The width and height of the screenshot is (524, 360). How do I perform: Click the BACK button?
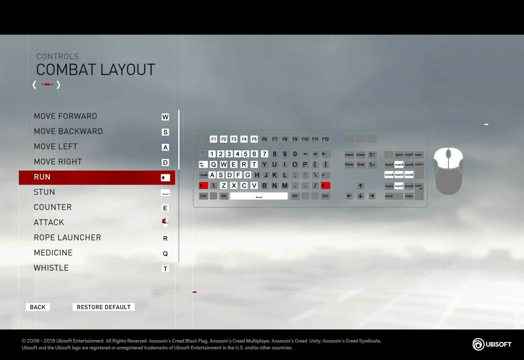pyautogui.click(x=38, y=307)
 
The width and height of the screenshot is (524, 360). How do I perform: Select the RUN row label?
pyautogui.click(x=42, y=177)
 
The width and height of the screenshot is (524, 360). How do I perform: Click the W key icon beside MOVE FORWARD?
pyautogui.click(x=165, y=117)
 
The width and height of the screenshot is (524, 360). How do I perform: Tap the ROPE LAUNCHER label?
pyautogui.click(x=67, y=237)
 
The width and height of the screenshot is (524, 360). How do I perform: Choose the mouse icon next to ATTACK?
pyautogui.click(x=165, y=223)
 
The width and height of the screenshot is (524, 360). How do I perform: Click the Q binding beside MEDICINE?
pyautogui.click(x=165, y=254)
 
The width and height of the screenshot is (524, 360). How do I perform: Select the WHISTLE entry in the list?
pyautogui.click(x=51, y=268)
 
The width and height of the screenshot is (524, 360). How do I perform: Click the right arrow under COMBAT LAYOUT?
pyautogui.click(x=59, y=85)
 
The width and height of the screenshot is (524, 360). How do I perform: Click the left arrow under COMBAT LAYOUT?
pyautogui.click(x=34, y=85)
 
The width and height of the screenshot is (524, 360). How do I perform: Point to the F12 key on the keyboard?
pyautogui.click(x=325, y=139)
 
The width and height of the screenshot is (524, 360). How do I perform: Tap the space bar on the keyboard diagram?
pyautogui.click(x=259, y=196)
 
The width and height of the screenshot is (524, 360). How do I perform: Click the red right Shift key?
pyautogui.click(x=325, y=186)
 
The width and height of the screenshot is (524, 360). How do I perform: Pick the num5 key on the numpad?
pyautogui.click(x=399, y=175)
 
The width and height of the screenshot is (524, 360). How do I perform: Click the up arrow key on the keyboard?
pyautogui.click(x=360, y=186)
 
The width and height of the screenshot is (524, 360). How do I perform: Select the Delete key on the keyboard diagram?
pyautogui.click(x=349, y=164)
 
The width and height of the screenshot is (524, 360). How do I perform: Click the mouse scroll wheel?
pyautogui.click(x=448, y=153)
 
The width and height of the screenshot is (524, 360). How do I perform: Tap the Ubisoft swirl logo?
pyautogui.click(x=478, y=344)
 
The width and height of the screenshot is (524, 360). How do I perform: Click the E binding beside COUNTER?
pyautogui.click(x=165, y=208)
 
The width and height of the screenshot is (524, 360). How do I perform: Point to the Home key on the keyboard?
pyautogui.click(x=361, y=155)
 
